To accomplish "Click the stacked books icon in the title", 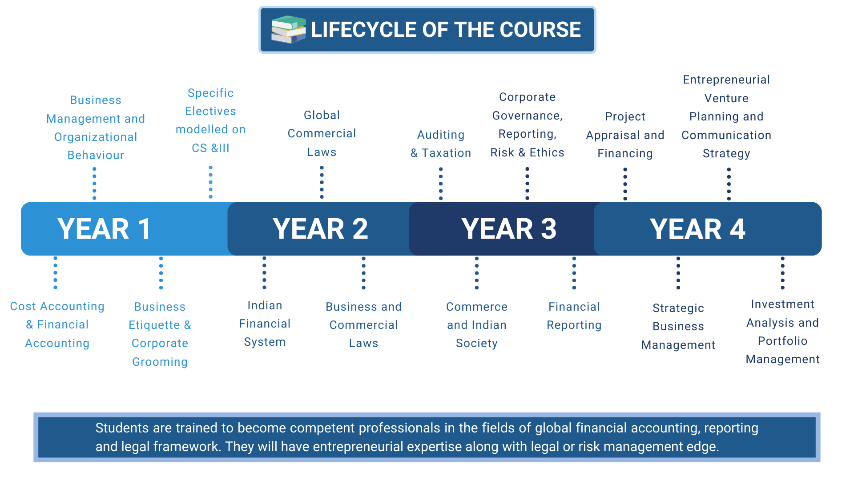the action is coord(289,29).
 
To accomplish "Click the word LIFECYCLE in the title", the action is coord(364,30).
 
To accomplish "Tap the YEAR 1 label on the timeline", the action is coord(104,229).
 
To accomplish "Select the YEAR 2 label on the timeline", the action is coord(320,229).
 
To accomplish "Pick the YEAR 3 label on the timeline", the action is coord(509,229).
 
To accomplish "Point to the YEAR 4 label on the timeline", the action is coord(697,229).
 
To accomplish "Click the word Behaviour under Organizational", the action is coord(96,155).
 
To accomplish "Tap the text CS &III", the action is coord(210,148).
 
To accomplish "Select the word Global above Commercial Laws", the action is coord(322,115).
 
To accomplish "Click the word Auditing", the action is coord(441,135).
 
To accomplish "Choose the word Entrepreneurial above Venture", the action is coord(726,80).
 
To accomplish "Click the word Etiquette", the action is coord(154,325).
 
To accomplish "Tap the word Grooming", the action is coord(160,362).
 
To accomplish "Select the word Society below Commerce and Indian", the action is coord(476,344).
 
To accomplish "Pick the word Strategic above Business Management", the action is coord(678,308).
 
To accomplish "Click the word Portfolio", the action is coord(782,341).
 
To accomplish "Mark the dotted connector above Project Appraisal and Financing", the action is coord(625,184).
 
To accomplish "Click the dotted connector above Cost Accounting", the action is coord(55,272).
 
